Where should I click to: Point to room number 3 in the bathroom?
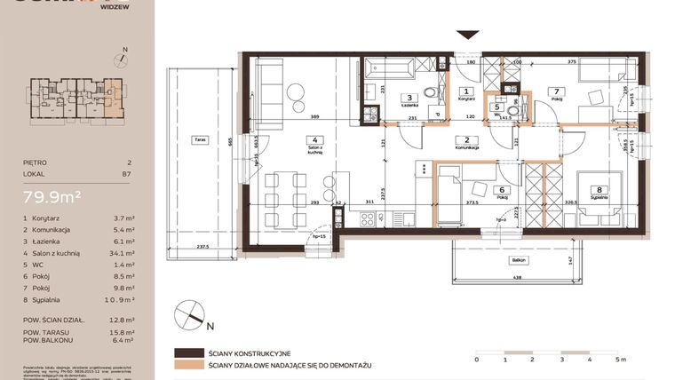click(x=409, y=98)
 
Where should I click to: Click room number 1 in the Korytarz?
click(x=468, y=91)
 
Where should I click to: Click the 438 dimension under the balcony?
click(x=518, y=279)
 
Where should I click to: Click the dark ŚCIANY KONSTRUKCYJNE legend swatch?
click(x=190, y=352)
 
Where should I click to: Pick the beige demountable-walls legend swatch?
click(x=190, y=365)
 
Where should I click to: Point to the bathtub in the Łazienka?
click(x=390, y=67)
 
